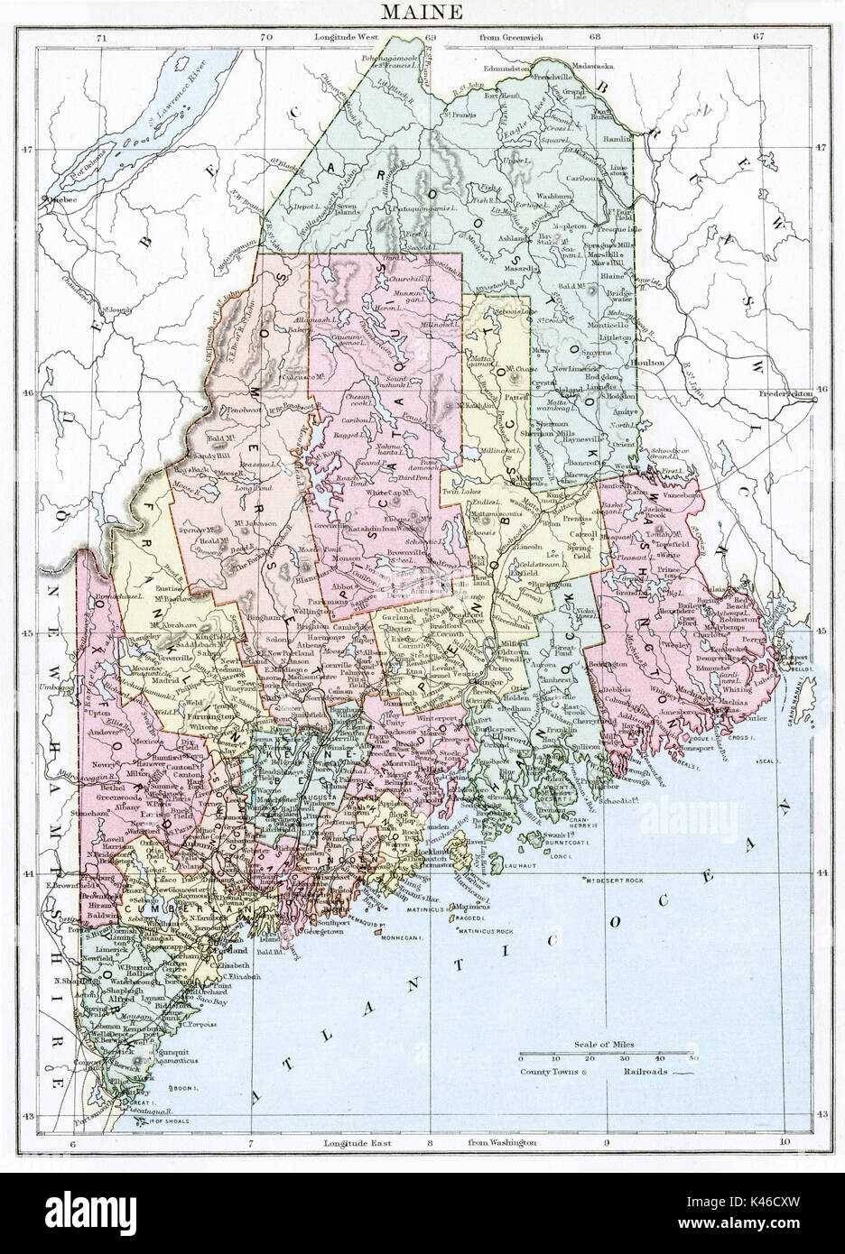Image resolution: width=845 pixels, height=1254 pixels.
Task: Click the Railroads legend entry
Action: [645, 1072]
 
